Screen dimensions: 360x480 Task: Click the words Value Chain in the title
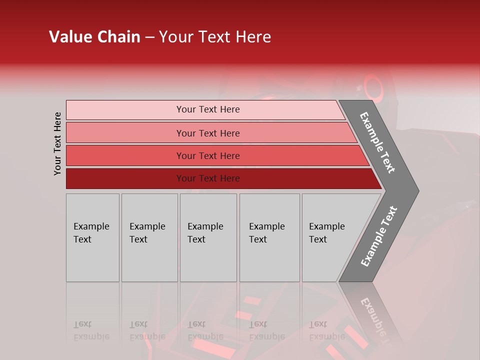tap(94, 37)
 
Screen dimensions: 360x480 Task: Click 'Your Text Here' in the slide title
tap(215, 37)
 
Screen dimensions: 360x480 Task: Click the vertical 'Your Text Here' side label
tap(57, 143)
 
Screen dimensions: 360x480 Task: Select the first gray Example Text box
tap(92, 237)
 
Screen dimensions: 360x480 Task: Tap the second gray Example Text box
tap(149, 237)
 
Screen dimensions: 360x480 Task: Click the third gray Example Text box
tap(208, 237)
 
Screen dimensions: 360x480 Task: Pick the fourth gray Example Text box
tap(269, 237)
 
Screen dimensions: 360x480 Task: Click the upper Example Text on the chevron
tap(377, 142)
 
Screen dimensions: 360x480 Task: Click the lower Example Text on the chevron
tap(379, 236)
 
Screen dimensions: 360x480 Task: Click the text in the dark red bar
tap(208, 178)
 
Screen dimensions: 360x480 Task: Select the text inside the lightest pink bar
tap(208, 109)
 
